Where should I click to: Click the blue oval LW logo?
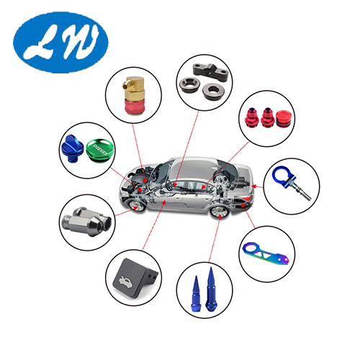[60, 42]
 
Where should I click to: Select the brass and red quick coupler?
[133, 96]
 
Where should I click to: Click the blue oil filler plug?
[72, 148]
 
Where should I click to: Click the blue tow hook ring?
[283, 176]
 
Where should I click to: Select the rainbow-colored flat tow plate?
[266, 254]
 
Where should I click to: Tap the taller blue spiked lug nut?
[212, 289]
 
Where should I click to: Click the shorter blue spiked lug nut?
[195, 294]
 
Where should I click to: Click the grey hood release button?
[134, 278]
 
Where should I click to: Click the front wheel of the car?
[137, 205]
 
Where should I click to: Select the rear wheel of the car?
[220, 212]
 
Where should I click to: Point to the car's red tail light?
[248, 197]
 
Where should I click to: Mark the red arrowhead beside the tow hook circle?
[254, 186]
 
